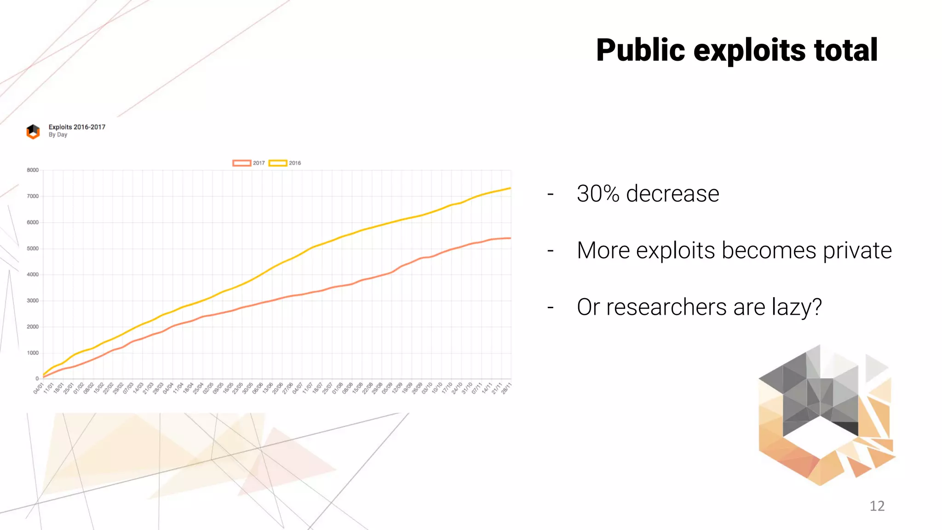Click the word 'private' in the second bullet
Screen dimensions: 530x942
pyautogui.click(x=857, y=251)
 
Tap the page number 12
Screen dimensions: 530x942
pyautogui.click(x=877, y=506)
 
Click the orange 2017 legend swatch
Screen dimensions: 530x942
pyautogui.click(x=241, y=163)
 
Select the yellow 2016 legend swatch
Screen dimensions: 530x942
pyautogui.click(x=278, y=163)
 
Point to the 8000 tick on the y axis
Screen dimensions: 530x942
pyautogui.click(x=33, y=170)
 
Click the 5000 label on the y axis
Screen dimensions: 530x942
pyautogui.click(x=33, y=248)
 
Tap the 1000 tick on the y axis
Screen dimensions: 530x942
pyautogui.click(x=33, y=353)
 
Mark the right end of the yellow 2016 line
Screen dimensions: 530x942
pyautogui.click(x=510, y=188)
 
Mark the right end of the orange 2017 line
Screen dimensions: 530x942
pyautogui.click(x=510, y=238)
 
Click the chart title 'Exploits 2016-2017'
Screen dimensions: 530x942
pyautogui.click(x=77, y=127)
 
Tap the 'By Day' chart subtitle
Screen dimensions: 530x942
pyautogui.click(x=58, y=135)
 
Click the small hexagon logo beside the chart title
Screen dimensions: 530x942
pyautogui.click(x=33, y=132)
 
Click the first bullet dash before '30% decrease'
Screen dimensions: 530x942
pyautogui.click(x=550, y=194)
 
